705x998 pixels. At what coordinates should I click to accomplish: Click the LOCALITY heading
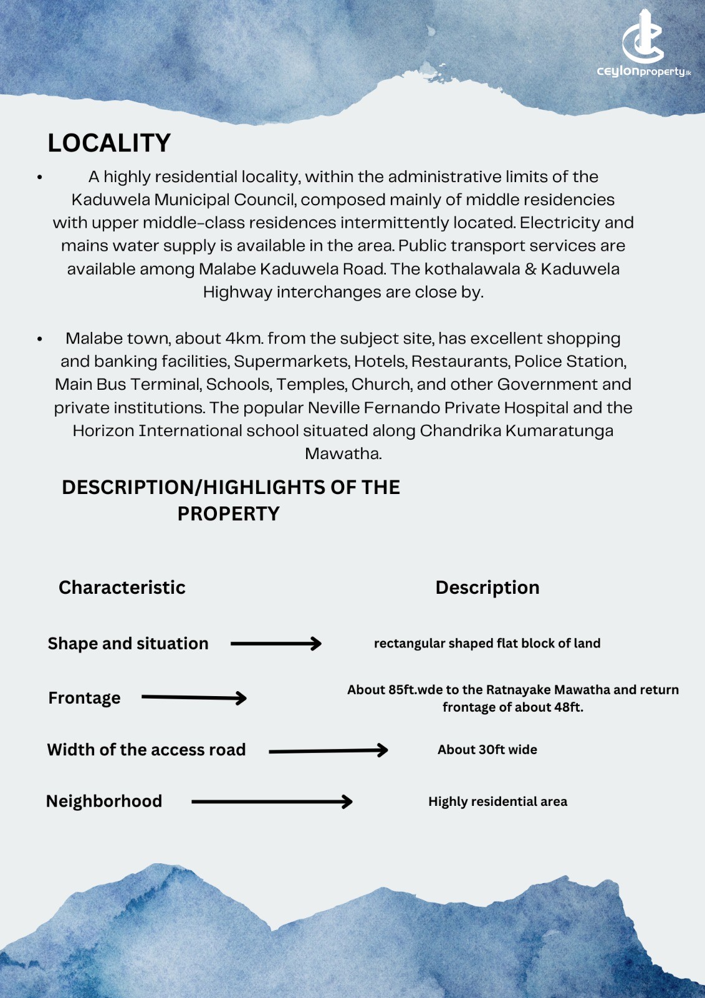[109, 143]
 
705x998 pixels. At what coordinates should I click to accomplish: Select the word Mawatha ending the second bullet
[343, 454]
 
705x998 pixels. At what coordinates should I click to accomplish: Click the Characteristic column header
[122, 588]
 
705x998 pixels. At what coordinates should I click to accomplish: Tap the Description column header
[487, 588]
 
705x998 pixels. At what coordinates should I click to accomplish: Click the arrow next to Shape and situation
[276, 644]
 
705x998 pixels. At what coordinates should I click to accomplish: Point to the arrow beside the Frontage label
[194, 698]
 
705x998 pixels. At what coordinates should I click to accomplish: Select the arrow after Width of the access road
[328, 750]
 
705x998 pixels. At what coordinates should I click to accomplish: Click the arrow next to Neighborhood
[272, 802]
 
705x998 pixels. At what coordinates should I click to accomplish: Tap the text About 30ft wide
[487, 750]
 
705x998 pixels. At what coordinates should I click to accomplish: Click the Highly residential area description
[497, 802]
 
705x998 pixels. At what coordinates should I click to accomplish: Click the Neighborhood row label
[104, 802]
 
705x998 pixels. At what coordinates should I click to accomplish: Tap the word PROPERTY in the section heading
[228, 514]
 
